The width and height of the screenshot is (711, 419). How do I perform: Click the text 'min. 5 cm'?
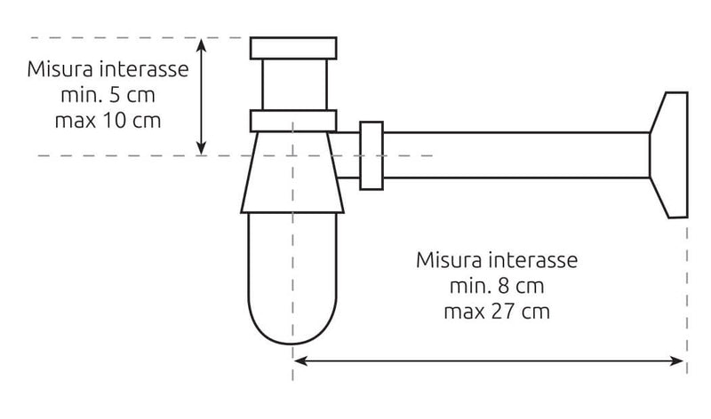[108, 95]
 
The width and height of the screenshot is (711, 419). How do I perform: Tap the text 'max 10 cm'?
[108, 121]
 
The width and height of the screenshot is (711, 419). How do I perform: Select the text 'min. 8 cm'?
[497, 286]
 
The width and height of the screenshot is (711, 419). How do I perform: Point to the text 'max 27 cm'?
[497, 312]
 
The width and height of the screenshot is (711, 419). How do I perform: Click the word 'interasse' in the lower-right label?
[534, 260]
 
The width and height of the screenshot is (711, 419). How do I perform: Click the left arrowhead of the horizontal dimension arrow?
[300, 361]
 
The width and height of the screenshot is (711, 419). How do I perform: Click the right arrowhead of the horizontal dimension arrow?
[677, 361]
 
